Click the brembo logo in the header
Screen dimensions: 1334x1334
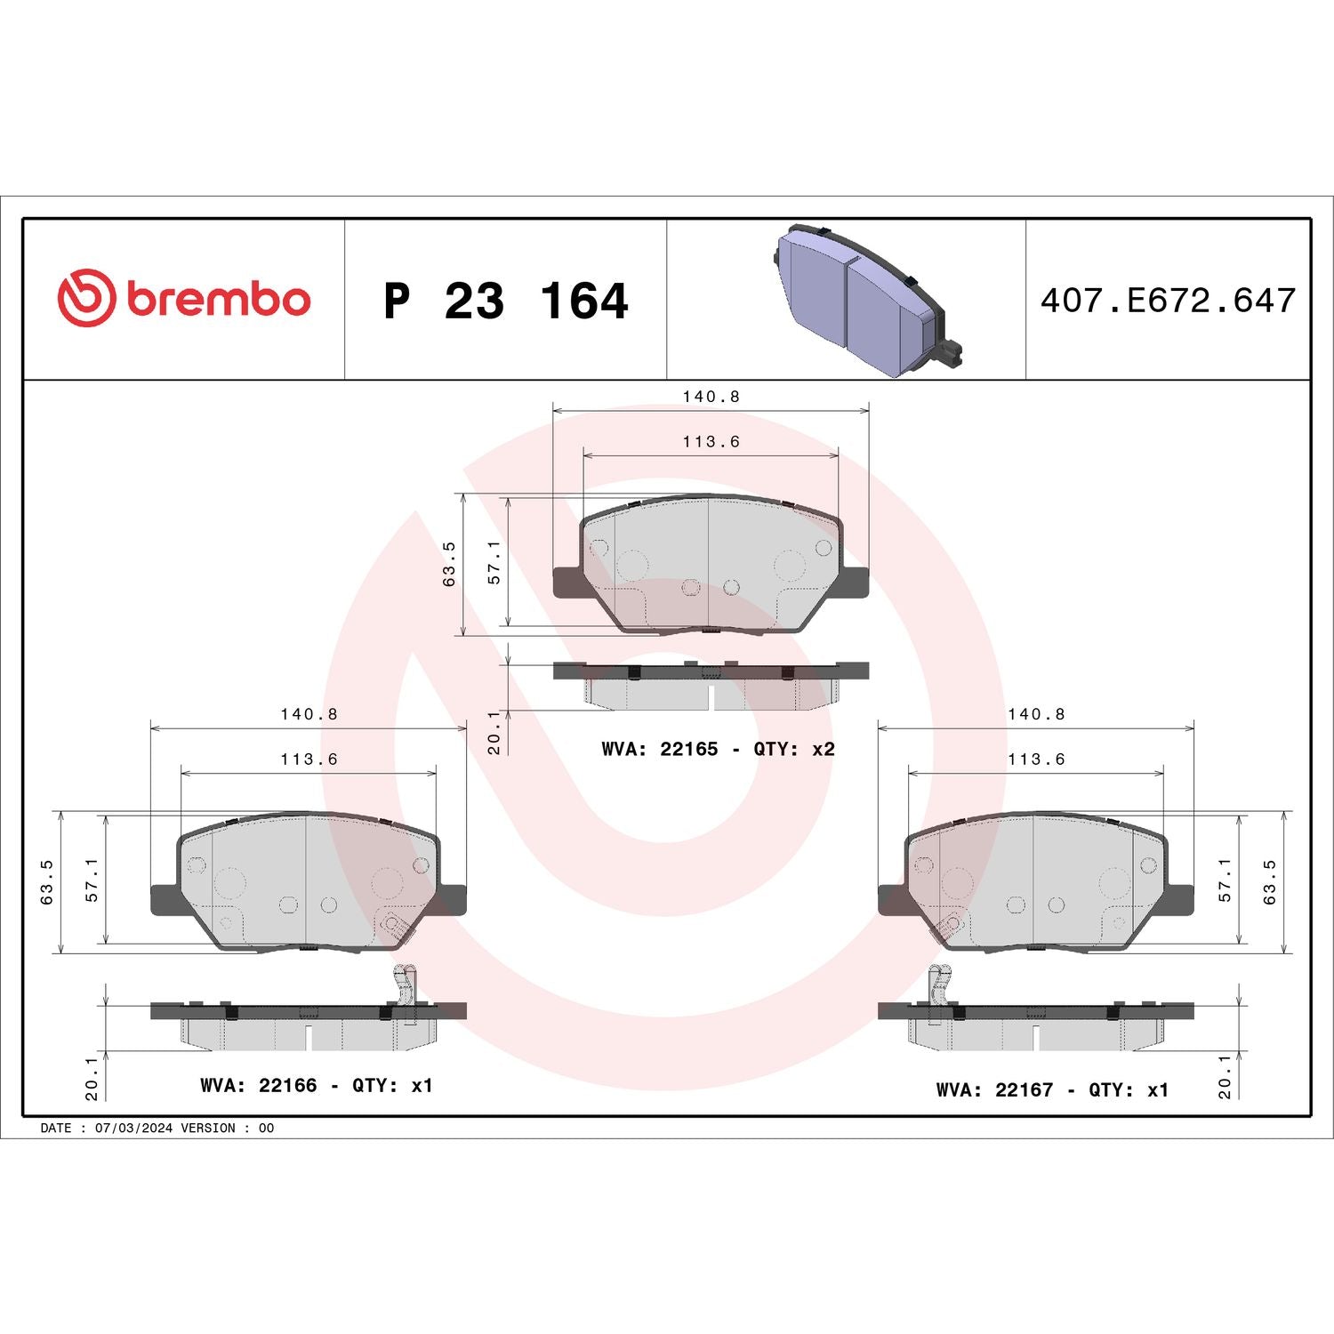[184, 298]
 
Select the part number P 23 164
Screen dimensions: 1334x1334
[505, 301]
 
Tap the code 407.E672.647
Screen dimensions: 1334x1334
[1168, 301]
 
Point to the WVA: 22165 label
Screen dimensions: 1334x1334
[659, 749]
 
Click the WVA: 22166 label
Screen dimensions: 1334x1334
[258, 1085]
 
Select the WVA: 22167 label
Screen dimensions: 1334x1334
[994, 1089]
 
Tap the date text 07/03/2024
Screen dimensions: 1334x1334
[133, 1128]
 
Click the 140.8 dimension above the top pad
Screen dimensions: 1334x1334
[711, 397]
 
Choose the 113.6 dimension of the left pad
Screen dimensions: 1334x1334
[309, 759]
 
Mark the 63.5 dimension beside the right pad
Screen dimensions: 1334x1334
[1269, 882]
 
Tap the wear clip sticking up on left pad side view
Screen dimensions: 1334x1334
[405, 992]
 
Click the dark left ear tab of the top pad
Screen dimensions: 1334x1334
[567, 583]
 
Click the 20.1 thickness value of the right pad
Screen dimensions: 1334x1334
[1225, 1077]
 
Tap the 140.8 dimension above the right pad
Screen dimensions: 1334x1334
[1035, 714]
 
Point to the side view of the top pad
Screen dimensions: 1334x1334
[711, 685]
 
